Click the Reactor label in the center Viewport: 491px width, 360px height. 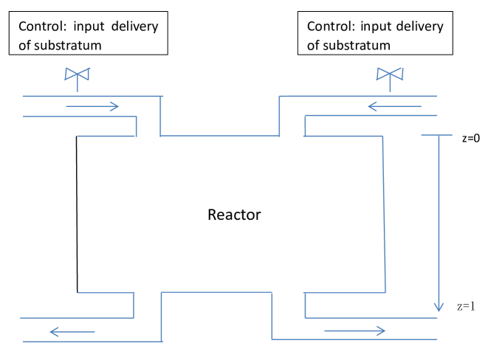234,215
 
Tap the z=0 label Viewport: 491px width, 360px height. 467,138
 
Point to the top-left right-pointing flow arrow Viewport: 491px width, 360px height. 92,106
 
